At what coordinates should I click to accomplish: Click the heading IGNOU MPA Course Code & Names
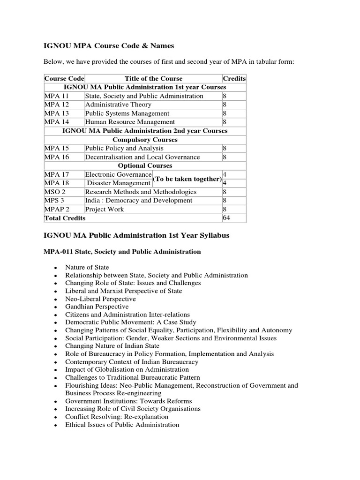108,45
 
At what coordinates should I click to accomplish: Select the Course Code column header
64,78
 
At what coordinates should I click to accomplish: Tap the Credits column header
234,78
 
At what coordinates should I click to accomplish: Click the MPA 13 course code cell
57,113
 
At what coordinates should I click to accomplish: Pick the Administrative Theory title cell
118,105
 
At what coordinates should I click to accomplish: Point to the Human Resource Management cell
130,122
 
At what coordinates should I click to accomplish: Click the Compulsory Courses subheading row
145,140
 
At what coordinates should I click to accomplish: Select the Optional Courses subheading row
145,165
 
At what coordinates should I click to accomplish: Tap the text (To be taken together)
187,179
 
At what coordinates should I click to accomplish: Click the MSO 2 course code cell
55,192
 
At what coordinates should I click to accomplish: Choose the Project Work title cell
105,209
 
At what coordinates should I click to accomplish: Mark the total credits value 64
226,218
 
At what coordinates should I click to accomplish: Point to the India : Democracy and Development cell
139,201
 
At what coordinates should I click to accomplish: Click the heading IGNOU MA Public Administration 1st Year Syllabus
136,235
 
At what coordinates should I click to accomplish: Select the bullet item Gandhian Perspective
97,307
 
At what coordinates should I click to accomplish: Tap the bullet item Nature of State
87,267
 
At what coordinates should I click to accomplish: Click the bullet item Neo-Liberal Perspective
101,299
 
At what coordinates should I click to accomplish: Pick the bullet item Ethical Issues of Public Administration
122,425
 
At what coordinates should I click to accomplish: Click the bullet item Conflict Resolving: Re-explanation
117,417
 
